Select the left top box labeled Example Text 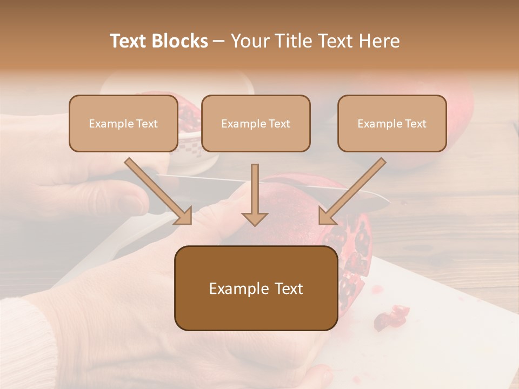(x=123, y=124)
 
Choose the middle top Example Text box (x=256, y=124)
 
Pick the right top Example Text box (x=392, y=124)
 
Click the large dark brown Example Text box (x=256, y=289)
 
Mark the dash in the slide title (x=219, y=41)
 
